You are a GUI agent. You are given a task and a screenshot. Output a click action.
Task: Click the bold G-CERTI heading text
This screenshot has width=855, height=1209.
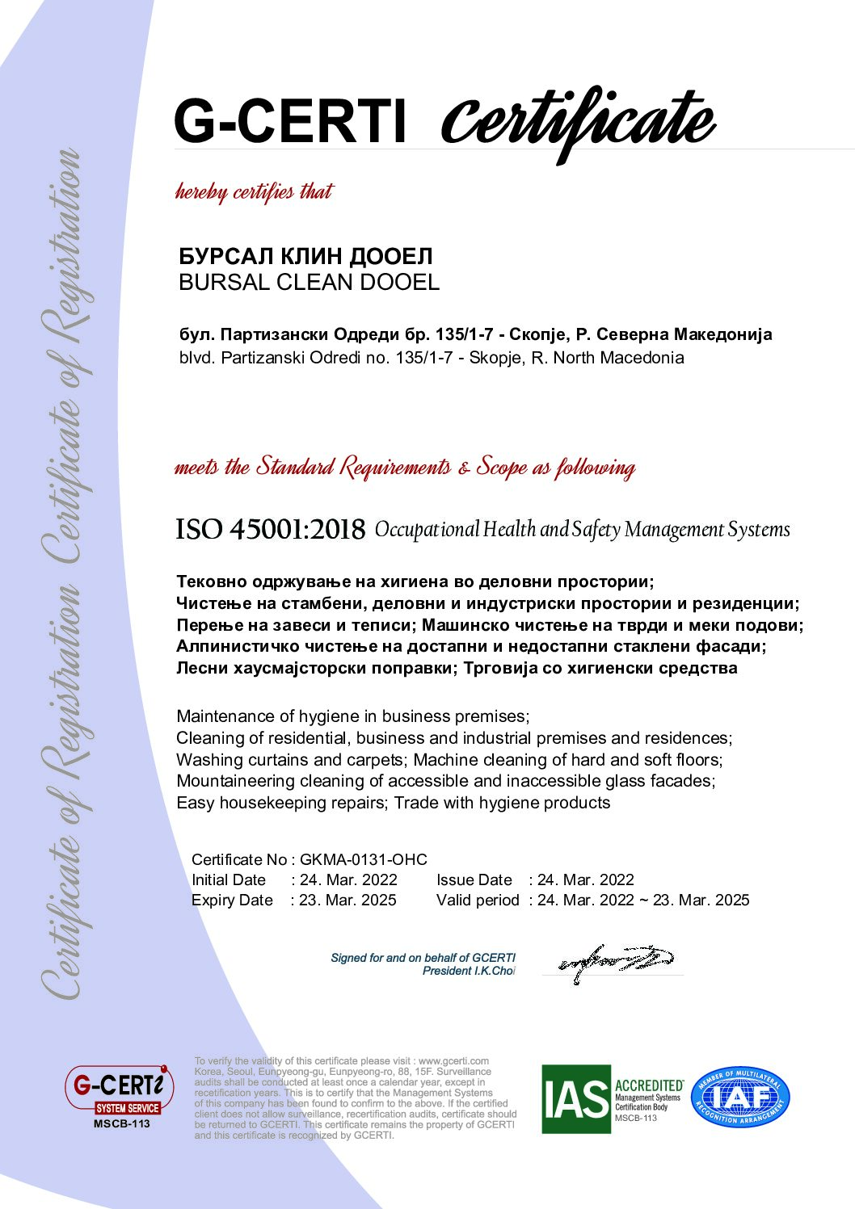click(289, 121)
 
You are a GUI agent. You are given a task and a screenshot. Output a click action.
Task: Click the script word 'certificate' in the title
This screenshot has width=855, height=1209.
click(577, 121)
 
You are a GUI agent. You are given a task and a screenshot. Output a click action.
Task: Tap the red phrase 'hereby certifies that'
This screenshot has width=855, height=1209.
click(255, 192)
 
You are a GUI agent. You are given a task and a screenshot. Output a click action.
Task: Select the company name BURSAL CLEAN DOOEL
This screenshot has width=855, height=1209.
click(309, 283)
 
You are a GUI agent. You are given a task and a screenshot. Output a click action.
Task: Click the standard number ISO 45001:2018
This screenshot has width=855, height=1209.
click(271, 530)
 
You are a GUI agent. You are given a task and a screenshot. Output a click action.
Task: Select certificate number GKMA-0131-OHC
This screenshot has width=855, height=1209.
click(363, 859)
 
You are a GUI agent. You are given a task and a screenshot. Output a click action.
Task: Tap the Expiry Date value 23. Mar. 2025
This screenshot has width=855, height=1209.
click(347, 900)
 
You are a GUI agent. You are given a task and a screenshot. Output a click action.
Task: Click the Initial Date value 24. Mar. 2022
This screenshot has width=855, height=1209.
click(348, 879)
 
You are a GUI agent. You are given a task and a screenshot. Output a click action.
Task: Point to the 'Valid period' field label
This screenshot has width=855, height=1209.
click(478, 900)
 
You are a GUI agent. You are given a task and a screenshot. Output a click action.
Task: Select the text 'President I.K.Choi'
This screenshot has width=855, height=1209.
click(469, 971)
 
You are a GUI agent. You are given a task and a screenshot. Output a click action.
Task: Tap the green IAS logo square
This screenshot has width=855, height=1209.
click(575, 1098)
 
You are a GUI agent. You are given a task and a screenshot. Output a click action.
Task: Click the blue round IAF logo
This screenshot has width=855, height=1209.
click(740, 1098)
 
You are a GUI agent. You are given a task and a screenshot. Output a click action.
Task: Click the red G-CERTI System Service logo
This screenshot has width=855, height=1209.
click(120, 1091)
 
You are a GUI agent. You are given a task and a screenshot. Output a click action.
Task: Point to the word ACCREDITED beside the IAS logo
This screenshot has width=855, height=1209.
click(648, 1085)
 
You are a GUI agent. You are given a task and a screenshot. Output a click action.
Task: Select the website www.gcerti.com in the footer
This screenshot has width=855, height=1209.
click(453, 1060)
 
